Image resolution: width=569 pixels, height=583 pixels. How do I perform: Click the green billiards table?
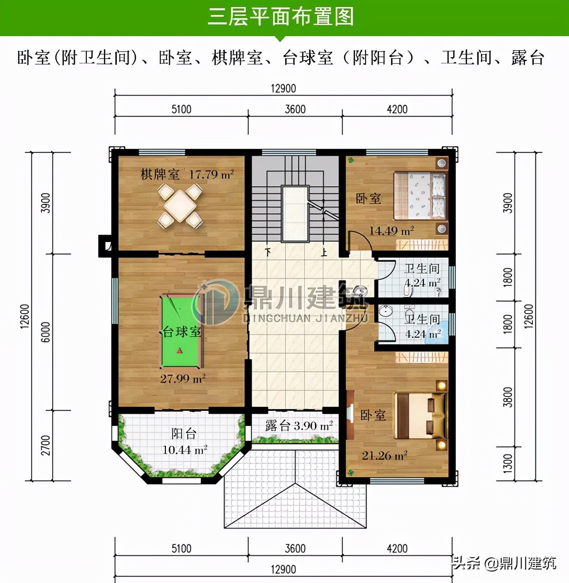tap(181, 331)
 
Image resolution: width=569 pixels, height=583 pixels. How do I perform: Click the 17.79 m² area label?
tap(211, 175)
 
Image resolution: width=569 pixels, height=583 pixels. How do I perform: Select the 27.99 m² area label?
tap(183, 379)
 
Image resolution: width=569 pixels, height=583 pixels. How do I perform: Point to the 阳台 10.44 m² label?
tap(184, 442)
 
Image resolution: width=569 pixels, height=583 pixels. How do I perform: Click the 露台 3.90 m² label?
tap(299, 426)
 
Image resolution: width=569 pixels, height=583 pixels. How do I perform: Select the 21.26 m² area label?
tap(384, 456)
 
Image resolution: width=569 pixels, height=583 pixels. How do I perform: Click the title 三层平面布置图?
tap(281, 17)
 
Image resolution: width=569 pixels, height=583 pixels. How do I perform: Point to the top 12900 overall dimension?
tap(283, 89)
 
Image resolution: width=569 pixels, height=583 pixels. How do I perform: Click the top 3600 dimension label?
tap(295, 109)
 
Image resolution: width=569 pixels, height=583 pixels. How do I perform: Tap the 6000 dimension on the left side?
tap(46, 332)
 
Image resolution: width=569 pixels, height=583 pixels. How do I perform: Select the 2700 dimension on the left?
tap(46, 445)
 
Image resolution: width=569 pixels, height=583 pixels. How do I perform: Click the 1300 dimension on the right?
tap(508, 464)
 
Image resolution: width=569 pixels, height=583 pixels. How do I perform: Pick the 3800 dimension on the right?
tap(508, 397)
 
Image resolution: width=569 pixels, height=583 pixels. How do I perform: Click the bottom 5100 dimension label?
tap(181, 549)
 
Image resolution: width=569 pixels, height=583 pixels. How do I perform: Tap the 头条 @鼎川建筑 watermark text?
tap(505, 563)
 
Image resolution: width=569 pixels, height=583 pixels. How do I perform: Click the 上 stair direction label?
tap(324, 252)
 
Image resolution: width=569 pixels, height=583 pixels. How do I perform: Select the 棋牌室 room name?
tap(160, 175)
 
